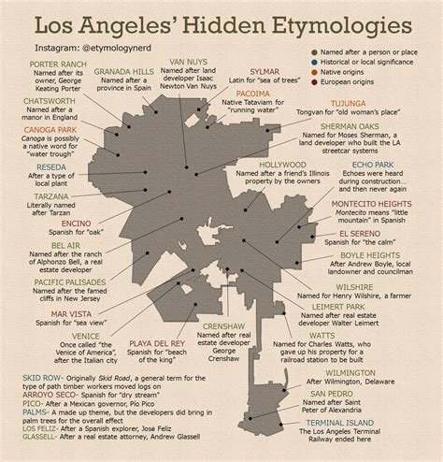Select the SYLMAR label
(263, 71)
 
